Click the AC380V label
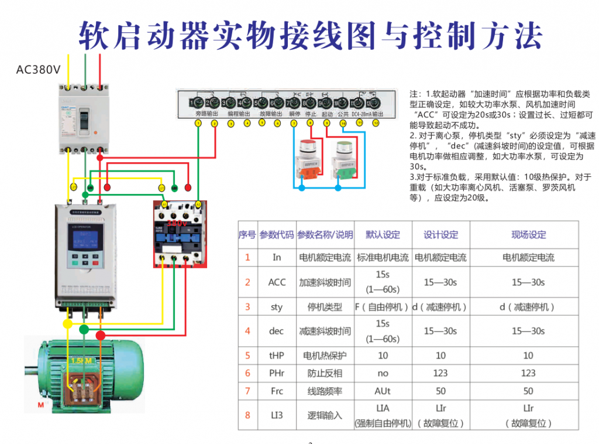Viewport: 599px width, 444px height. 38,70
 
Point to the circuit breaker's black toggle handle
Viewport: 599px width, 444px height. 85,119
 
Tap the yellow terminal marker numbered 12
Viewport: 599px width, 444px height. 376,124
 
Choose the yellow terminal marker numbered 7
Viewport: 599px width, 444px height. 294,124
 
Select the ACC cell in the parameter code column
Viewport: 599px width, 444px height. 277,282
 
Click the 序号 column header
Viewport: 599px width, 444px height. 247,235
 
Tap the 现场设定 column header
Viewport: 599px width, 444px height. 528,235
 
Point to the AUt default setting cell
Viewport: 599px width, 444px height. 383,391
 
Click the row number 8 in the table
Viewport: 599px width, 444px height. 247,415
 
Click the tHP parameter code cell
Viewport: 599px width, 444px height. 277,356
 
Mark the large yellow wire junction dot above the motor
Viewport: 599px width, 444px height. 68,324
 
